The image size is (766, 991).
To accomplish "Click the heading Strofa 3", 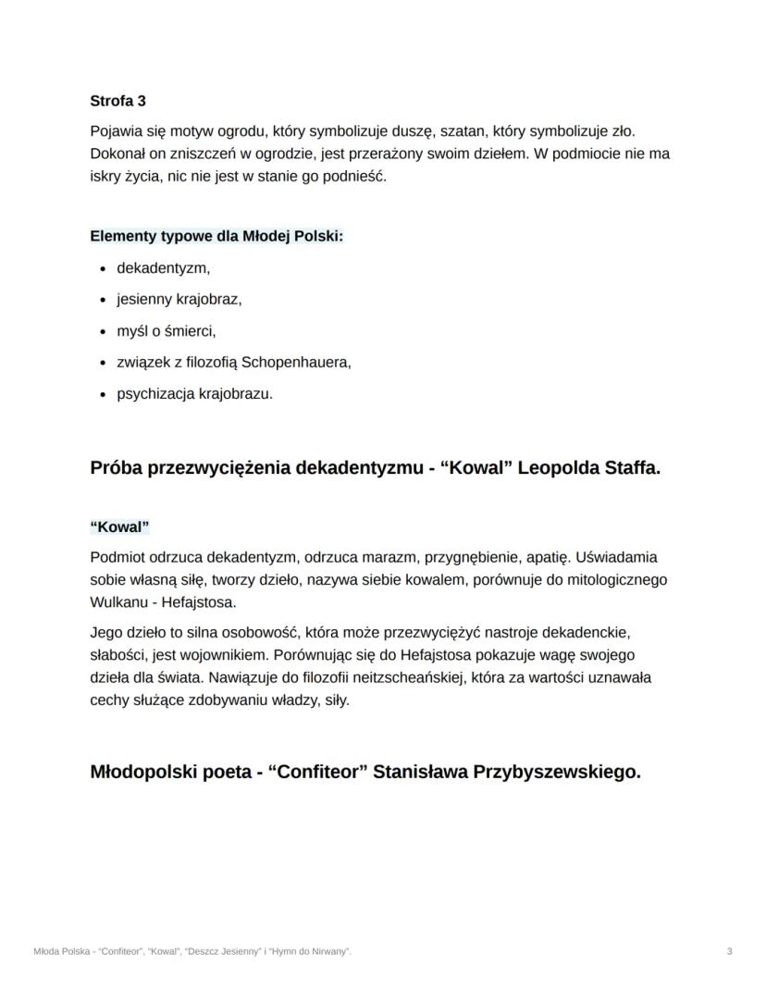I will pos(117,100).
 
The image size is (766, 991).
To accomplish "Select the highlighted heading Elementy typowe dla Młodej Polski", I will pos(216,236).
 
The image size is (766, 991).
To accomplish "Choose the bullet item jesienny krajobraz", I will pos(179,299).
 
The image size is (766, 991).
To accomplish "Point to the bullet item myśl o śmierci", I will pos(166,330).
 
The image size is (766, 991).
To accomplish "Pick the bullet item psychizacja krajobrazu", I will pos(194,393).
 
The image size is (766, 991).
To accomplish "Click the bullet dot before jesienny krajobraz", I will pos(101,300).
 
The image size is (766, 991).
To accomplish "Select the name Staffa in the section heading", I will pos(632,467).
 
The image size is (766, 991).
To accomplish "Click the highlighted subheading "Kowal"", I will pos(120,527).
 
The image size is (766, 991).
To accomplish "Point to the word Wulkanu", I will pos(119,602).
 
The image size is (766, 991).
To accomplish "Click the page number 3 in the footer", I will pos(730,951).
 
